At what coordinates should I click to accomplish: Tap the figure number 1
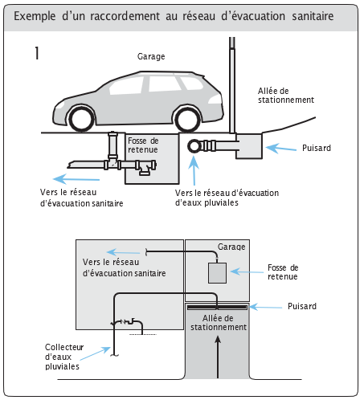[37, 53]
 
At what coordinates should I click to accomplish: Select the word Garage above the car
[151, 56]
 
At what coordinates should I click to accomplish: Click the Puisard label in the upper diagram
[317, 148]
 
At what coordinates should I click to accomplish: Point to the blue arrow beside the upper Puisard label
[281, 149]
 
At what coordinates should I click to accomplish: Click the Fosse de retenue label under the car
[143, 145]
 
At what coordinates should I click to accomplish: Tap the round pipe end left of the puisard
[194, 146]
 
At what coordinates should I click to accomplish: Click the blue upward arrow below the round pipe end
[194, 170]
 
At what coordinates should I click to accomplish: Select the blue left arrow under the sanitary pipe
[76, 179]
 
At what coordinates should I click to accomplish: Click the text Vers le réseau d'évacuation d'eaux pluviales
[227, 198]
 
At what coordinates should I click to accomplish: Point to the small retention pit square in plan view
[217, 273]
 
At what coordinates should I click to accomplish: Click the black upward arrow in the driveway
[218, 357]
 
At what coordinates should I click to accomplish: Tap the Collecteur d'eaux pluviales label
[64, 357]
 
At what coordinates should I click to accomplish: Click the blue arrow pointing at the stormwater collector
[96, 353]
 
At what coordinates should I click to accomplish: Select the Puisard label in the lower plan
[302, 306]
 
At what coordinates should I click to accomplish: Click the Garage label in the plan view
[231, 247]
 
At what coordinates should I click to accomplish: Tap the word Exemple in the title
[35, 16]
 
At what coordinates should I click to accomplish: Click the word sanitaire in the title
[313, 16]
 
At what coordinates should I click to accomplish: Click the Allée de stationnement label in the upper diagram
[286, 96]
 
